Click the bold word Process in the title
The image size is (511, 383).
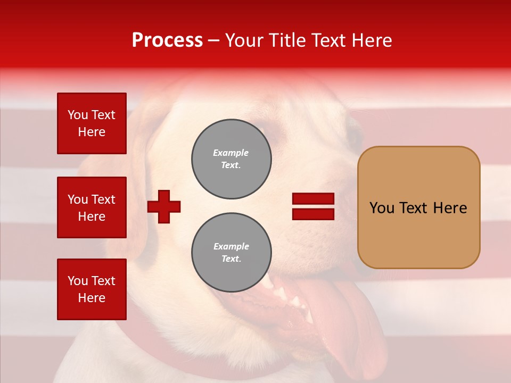167,40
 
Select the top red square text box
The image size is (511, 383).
92,123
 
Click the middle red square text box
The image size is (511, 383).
92,207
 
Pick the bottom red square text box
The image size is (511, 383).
92,289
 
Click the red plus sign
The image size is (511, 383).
164,206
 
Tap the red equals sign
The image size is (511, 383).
313,206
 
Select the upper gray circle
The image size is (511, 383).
232,159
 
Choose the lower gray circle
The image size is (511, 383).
232,253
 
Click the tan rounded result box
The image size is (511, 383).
418,207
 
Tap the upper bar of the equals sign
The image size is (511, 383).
313,199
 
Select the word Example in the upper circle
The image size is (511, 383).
231,153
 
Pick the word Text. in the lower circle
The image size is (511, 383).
231,259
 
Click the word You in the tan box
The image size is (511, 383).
382,208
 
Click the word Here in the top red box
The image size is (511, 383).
92,132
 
